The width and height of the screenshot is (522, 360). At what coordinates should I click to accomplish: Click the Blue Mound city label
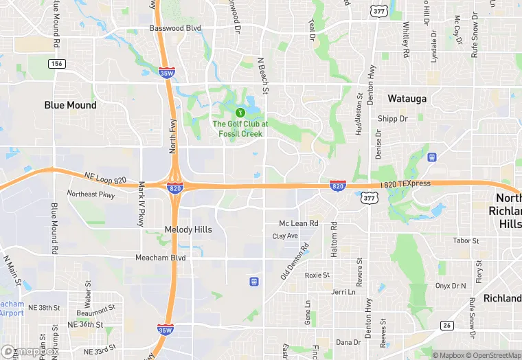pyautogui.click(x=70, y=105)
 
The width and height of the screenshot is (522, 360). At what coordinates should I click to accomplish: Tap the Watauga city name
pyautogui.click(x=407, y=98)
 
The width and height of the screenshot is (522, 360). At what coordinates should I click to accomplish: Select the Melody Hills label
pyautogui.click(x=188, y=229)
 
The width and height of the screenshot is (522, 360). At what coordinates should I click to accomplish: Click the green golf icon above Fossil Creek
pyautogui.click(x=240, y=113)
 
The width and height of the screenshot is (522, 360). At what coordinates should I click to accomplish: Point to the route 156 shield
pyautogui.click(x=56, y=63)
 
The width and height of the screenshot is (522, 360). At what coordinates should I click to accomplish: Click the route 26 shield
pyautogui.click(x=446, y=325)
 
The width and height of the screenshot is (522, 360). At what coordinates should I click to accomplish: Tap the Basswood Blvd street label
pyautogui.click(x=175, y=29)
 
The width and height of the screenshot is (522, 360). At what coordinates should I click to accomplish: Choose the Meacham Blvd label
pyautogui.click(x=161, y=258)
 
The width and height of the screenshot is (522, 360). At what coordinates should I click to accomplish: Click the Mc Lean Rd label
pyautogui.click(x=298, y=223)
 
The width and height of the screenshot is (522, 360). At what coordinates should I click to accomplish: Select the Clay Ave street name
pyautogui.click(x=285, y=236)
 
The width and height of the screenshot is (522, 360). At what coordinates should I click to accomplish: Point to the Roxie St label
pyautogui.click(x=317, y=275)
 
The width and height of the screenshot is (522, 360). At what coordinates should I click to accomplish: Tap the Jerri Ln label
pyautogui.click(x=343, y=292)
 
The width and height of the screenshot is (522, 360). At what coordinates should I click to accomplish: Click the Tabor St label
pyautogui.click(x=466, y=240)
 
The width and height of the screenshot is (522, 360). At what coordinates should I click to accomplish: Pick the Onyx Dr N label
pyautogui.click(x=451, y=286)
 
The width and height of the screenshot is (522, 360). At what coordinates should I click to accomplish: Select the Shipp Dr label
pyautogui.click(x=392, y=119)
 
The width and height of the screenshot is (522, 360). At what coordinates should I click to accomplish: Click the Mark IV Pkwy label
pyautogui.click(x=141, y=203)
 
